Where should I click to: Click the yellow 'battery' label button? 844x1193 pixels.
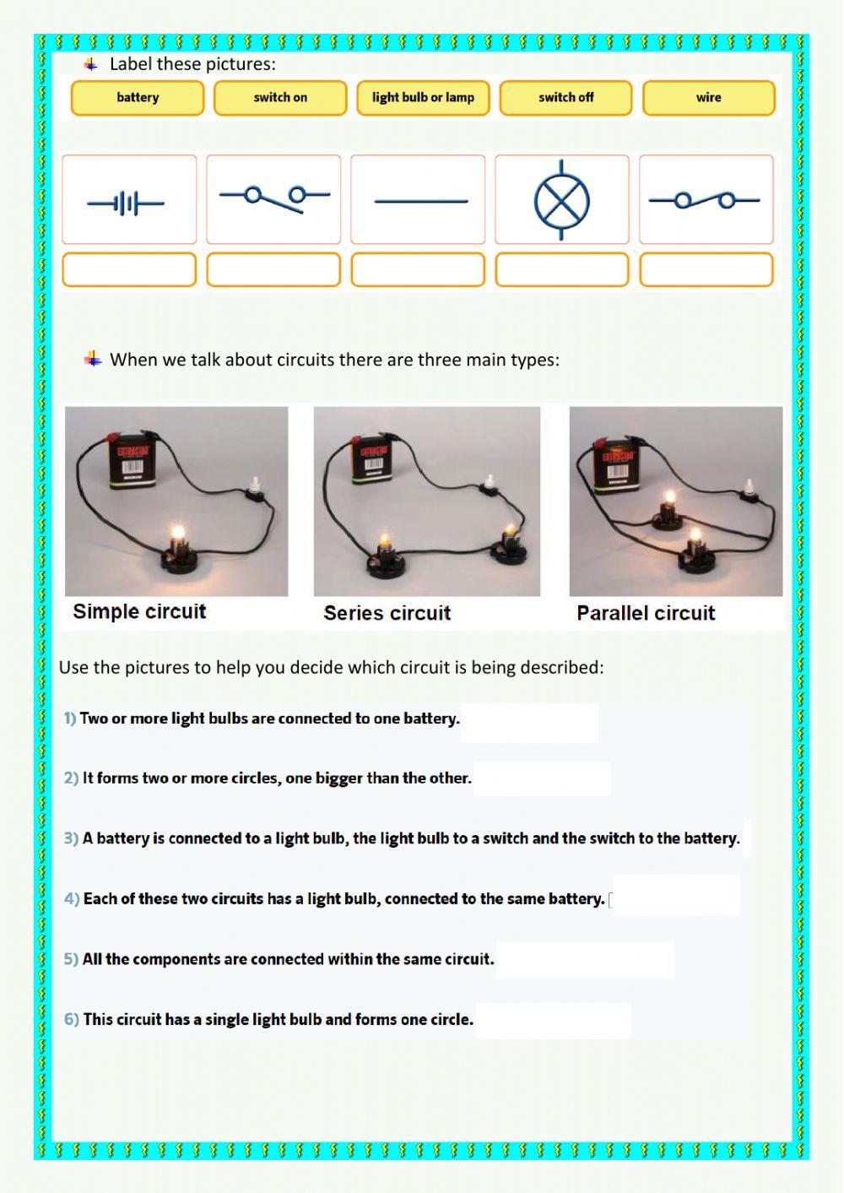138,98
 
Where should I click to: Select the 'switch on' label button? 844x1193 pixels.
280,98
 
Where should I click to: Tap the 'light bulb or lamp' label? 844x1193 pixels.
423,98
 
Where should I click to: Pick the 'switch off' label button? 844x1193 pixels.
565,98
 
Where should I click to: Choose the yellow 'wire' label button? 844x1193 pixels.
708,98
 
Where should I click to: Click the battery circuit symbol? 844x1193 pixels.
127,203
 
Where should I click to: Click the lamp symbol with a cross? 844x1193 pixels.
562,201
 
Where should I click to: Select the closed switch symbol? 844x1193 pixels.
706,200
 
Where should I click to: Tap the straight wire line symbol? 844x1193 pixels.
420,201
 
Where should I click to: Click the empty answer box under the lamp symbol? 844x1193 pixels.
562,270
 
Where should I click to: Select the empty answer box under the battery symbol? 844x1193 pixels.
129,270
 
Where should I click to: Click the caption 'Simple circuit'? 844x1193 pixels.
139,612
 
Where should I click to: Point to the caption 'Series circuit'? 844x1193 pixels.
387,614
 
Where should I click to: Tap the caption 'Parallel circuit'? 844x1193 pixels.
646,614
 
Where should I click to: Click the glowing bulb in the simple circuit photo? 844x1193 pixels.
178,534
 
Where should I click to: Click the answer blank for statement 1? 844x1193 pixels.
529,723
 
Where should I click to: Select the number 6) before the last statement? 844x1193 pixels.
71,1019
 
